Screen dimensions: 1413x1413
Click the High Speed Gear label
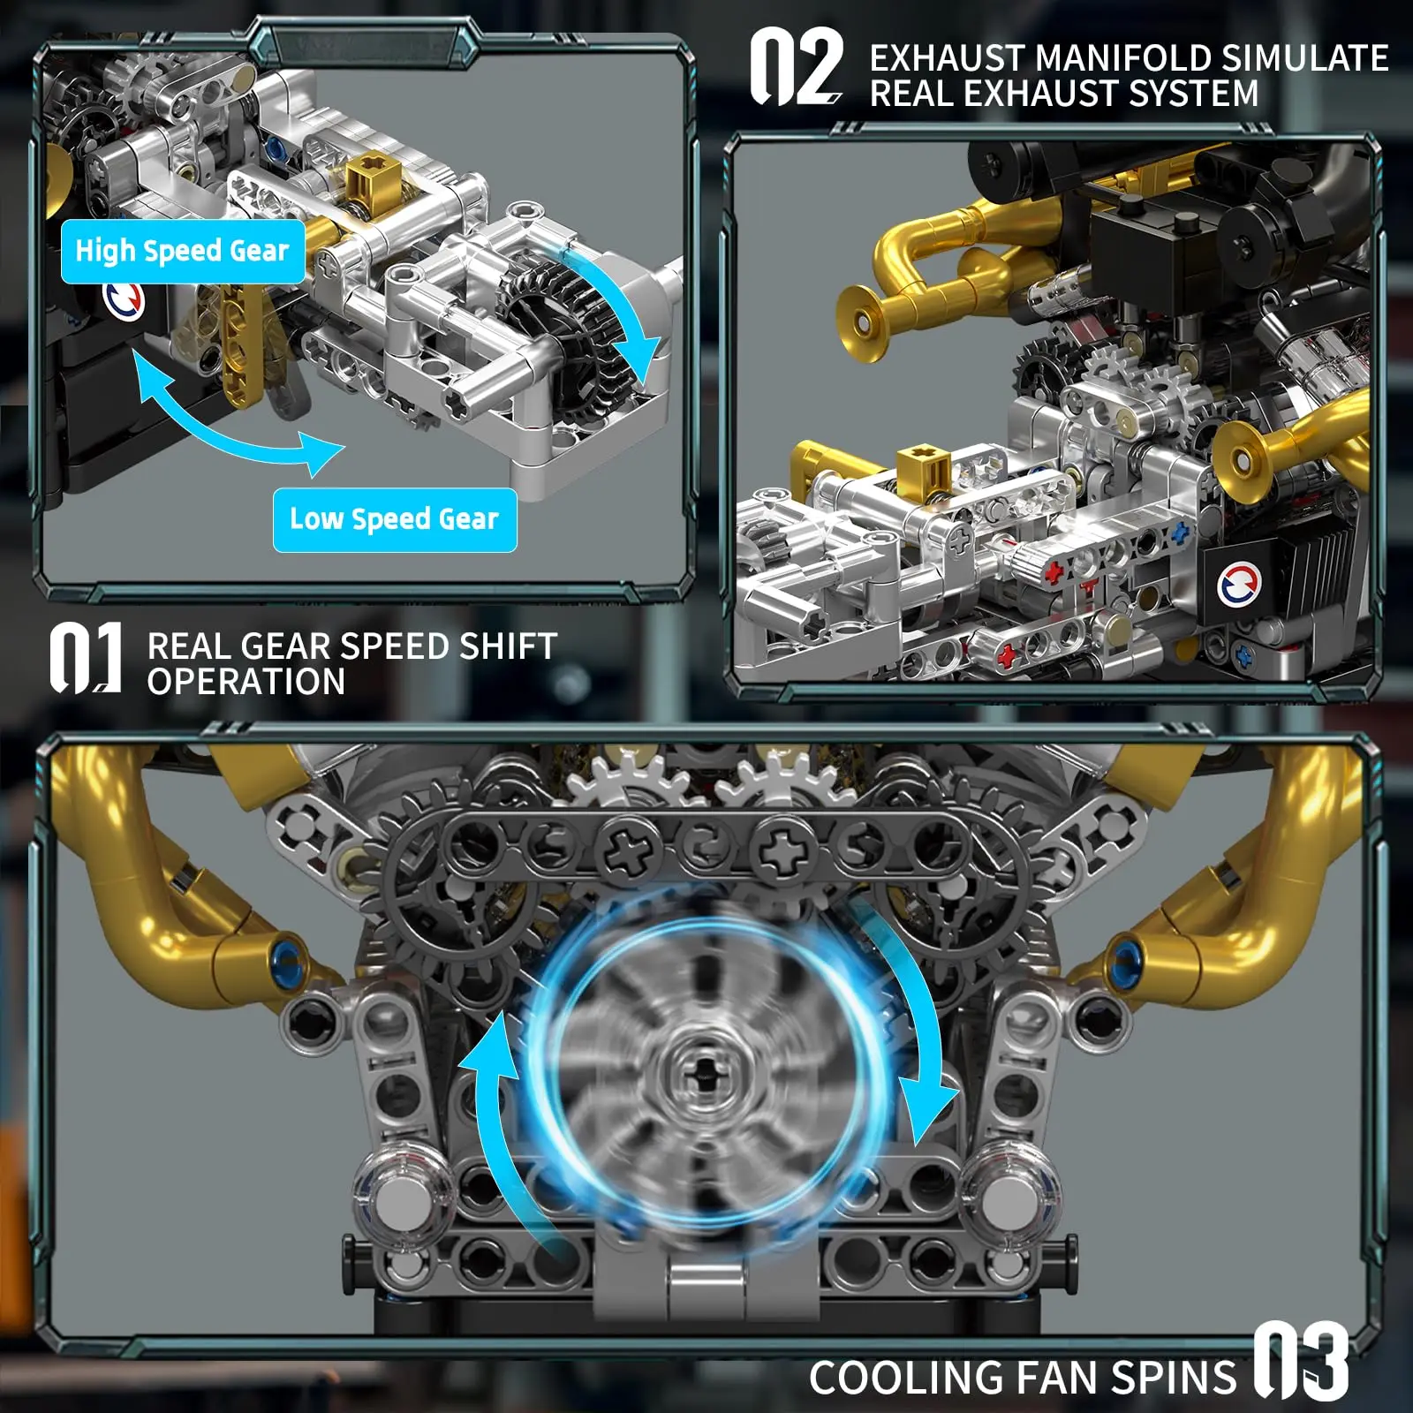click(x=183, y=252)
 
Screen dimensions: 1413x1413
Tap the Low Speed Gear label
click(x=395, y=519)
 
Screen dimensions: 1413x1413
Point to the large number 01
click(x=85, y=658)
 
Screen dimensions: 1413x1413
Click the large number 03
click(x=1301, y=1360)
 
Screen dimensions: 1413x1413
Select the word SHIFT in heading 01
click(x=508, y=646)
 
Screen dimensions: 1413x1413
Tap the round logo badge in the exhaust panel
click(x=1239, y=585)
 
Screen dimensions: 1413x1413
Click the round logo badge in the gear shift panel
click(x=125, y=300)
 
